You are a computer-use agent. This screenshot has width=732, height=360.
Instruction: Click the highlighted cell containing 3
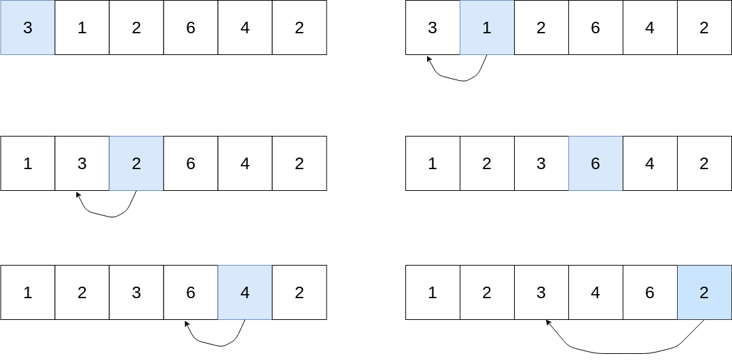point(27,28)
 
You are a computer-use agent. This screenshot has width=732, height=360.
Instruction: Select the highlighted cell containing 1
point(487,28)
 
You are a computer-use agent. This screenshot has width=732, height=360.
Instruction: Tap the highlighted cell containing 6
point(596,164)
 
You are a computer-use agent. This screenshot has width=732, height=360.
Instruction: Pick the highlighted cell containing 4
point(244,293)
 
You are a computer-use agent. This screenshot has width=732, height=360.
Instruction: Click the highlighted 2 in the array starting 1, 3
point(136,164)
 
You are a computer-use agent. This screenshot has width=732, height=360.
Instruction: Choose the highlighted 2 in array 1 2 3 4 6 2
point(704,293)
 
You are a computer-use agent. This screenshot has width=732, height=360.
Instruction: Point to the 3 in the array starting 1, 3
point(81,164)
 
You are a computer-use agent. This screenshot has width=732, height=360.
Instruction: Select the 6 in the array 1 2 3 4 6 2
point(650,293)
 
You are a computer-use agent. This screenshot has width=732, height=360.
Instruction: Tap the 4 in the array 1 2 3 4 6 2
point(596,293)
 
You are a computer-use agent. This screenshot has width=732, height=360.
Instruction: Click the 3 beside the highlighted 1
point(433,28)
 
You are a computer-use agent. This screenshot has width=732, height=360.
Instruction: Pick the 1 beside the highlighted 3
point(81,28)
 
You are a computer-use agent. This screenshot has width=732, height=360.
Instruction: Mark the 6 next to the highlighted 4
point(190,293)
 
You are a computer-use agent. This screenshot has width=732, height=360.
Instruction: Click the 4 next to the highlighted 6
point(650,164)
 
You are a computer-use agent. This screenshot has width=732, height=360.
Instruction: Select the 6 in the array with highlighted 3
point(190,28)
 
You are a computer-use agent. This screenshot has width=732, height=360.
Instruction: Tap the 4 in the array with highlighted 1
point(650,28)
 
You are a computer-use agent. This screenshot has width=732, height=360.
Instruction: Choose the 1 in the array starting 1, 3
point(27,164)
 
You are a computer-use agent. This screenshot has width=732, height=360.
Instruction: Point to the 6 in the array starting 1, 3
point(190,164)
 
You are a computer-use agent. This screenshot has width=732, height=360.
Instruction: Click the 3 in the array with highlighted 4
point(136,293)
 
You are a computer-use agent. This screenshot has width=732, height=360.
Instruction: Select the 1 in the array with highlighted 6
point(433,164)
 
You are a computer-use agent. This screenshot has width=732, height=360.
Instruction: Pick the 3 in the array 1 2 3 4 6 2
point(541,293)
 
